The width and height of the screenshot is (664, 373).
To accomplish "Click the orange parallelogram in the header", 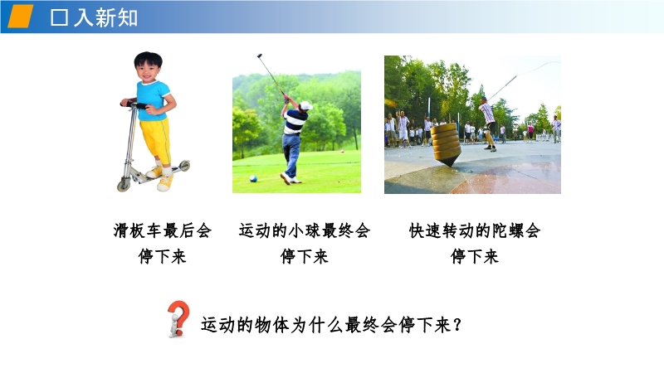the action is coord(20,17).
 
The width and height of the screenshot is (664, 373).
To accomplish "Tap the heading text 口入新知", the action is coord(94,17).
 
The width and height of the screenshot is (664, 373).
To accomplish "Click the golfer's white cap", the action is coord(305,105).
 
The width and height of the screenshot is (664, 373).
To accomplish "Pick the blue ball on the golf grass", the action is coord(253,178).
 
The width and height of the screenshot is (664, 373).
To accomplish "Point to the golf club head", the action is coord(259,56).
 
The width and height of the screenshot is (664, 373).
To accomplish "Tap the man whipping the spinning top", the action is coord(488,123).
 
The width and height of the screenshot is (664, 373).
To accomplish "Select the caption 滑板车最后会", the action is coord(162,231).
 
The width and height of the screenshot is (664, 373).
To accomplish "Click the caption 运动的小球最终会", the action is coord(305,231).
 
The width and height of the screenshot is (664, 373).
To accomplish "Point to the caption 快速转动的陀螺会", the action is coord(475,231).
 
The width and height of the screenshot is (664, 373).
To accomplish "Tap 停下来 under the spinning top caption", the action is coord(475,256).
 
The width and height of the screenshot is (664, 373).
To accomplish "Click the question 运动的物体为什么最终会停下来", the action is coord(325,325).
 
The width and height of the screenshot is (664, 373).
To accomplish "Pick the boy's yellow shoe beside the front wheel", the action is coord(164,182).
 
